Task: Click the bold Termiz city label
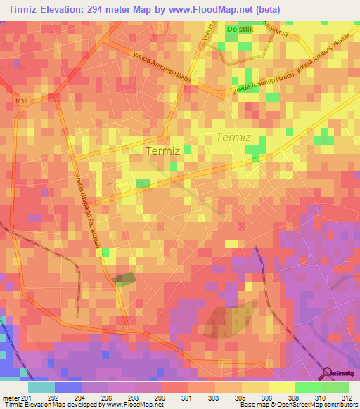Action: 162,150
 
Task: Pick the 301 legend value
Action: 187,398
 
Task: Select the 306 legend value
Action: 266,398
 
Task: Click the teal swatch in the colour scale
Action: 41,387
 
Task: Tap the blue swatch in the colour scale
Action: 68,387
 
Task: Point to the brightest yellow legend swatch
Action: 281,387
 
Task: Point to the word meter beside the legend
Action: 8,398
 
